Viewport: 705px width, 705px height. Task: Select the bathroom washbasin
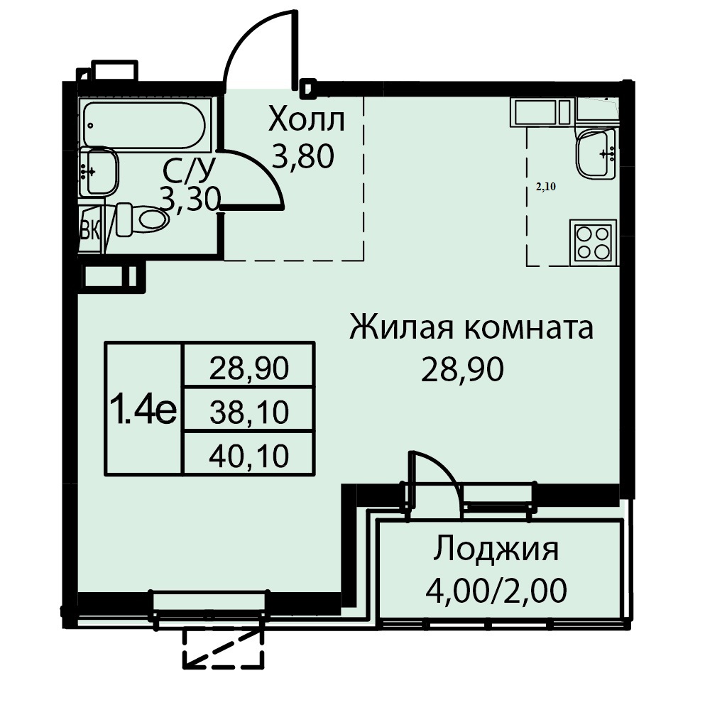tap(101, 171)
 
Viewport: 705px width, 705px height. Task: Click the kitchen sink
tap(596, 153)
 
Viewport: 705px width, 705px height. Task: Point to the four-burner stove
tap(593, 243)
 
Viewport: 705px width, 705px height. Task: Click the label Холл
tap(307, 119)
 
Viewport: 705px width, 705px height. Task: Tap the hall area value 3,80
tap(303, 155)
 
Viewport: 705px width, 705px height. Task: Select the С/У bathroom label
tap(190, 170)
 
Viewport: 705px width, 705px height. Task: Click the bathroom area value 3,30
tap(190, 199)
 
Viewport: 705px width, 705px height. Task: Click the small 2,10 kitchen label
tap(546, 187)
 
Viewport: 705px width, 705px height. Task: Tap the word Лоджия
tap(496, 549)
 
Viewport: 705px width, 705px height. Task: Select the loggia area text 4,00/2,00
tap(496, 590)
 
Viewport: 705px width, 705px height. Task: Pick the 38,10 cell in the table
tap(249, 411)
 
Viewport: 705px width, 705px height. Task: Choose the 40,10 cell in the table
tap(249, 454)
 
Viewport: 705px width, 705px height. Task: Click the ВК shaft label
tap(90, 231)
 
